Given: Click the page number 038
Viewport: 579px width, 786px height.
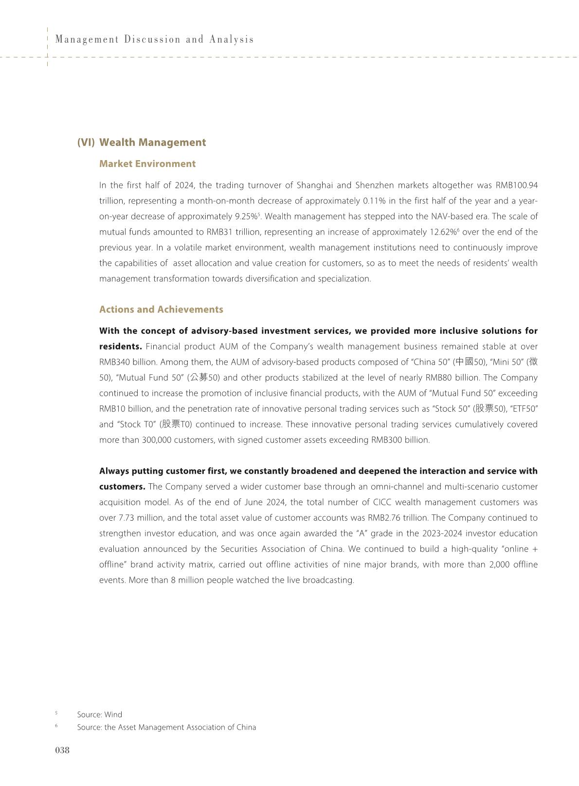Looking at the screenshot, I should click(x=62, y=750).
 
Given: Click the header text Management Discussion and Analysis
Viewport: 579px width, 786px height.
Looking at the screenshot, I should click(x=154, y=39).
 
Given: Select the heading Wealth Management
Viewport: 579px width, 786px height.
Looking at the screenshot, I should click(x=152, y=142).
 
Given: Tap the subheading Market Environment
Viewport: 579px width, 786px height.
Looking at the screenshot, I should click(x=147, y=164).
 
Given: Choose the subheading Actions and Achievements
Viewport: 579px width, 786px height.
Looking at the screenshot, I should click(x=161, y=310).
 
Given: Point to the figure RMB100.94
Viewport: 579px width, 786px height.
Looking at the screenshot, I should click(x=516, y=185).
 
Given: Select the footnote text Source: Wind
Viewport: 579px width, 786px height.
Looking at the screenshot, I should click(x=99, y=714).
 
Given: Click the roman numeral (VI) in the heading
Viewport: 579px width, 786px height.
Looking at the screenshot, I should click(x=86, y=142).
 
